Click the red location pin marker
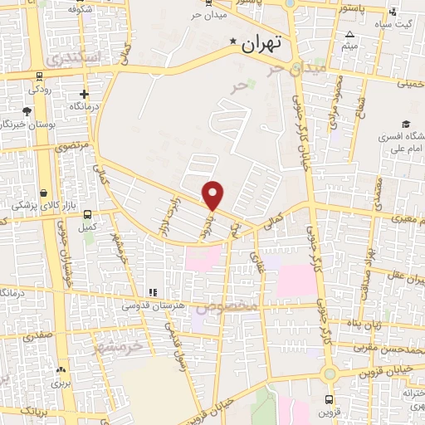tap(213, 193)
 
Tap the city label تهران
tap(263, 44)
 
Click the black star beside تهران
tap(234, 41)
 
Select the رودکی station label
tap(40, 89)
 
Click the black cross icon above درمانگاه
tap(84, 94)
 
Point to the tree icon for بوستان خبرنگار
tap(27, 110)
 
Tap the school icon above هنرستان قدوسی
tap(152, 292)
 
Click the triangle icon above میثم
tap(350, 35)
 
